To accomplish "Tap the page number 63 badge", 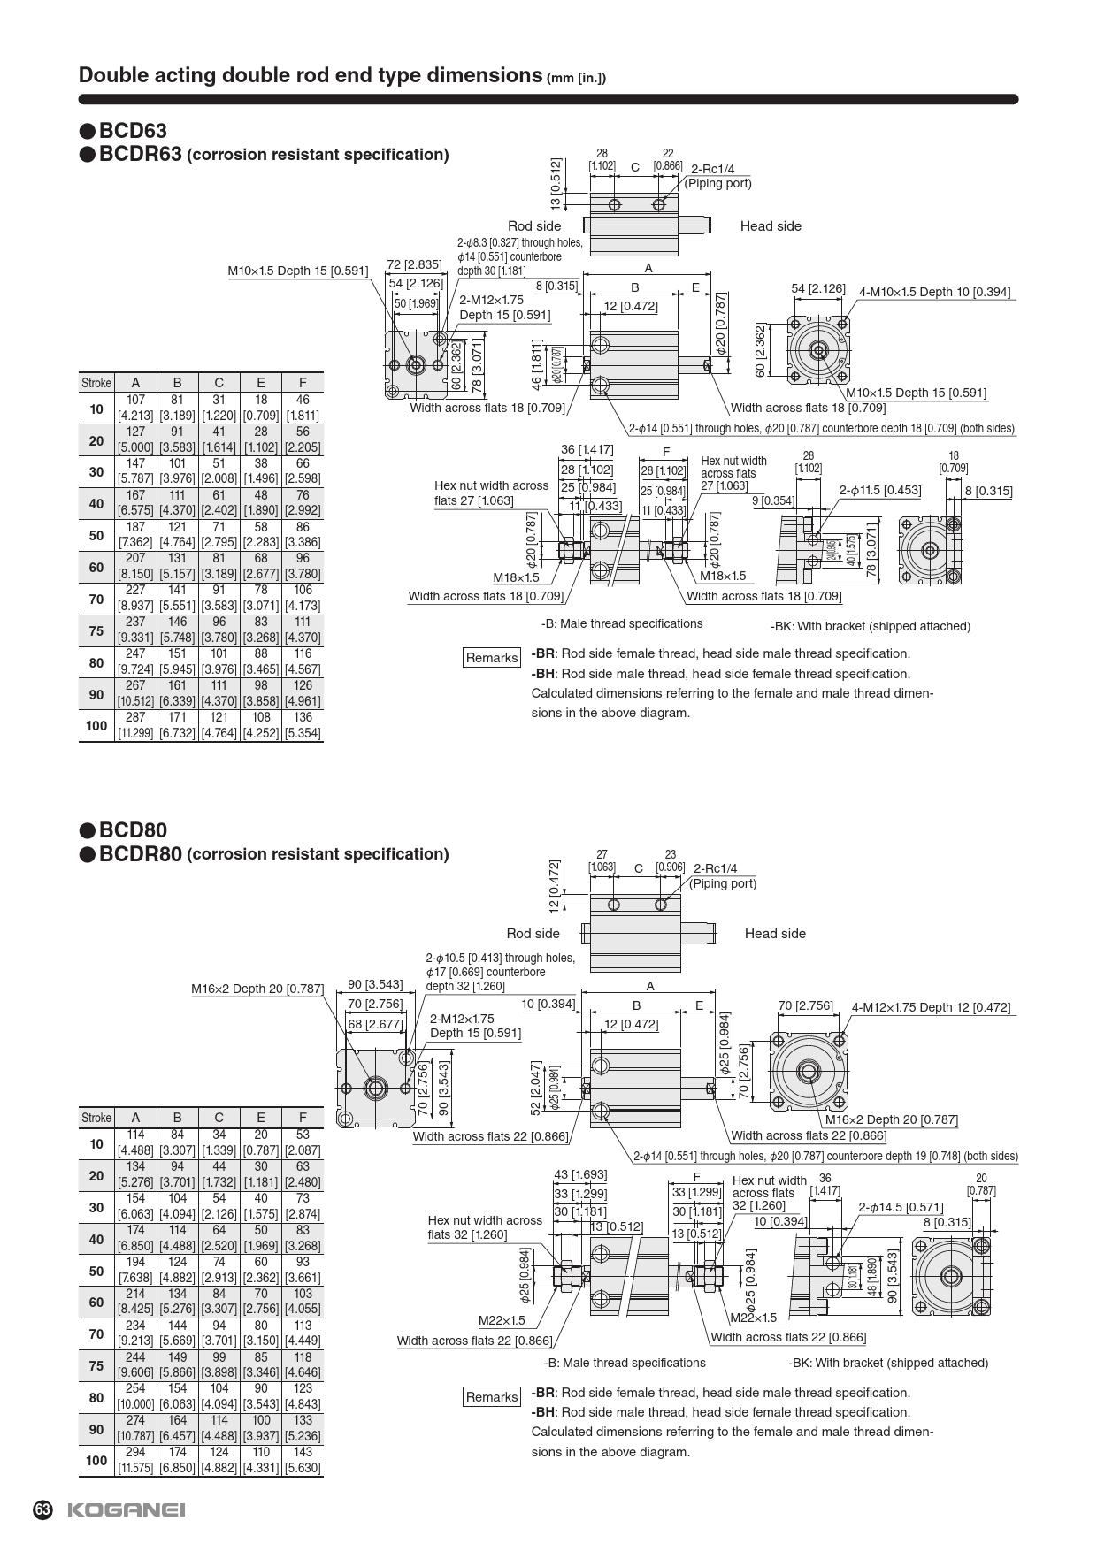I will [43, 1509].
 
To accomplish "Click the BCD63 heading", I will [132, 131].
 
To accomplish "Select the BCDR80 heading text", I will [140, 854].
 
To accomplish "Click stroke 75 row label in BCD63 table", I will [96, 630].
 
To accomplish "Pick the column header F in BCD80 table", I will [303, 1117].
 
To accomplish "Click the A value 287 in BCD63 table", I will [135, 717].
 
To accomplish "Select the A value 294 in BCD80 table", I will [135, 1452].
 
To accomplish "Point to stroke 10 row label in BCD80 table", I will [96, 1143].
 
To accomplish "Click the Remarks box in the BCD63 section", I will [492, 658].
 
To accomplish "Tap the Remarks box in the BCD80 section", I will [492, 1397].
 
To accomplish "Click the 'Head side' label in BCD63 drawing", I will [771, 226].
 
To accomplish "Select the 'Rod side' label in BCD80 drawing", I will [533, 934].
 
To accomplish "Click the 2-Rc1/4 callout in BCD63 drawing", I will [712, 169].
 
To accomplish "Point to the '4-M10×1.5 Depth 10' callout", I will [934, 292].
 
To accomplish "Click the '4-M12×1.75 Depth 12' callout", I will [931, 1007].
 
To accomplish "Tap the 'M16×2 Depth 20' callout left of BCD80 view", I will [257, 989].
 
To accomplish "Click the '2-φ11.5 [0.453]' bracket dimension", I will [879, 490].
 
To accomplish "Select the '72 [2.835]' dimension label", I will [414, 264].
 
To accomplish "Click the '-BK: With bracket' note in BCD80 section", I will [888, 1363].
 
